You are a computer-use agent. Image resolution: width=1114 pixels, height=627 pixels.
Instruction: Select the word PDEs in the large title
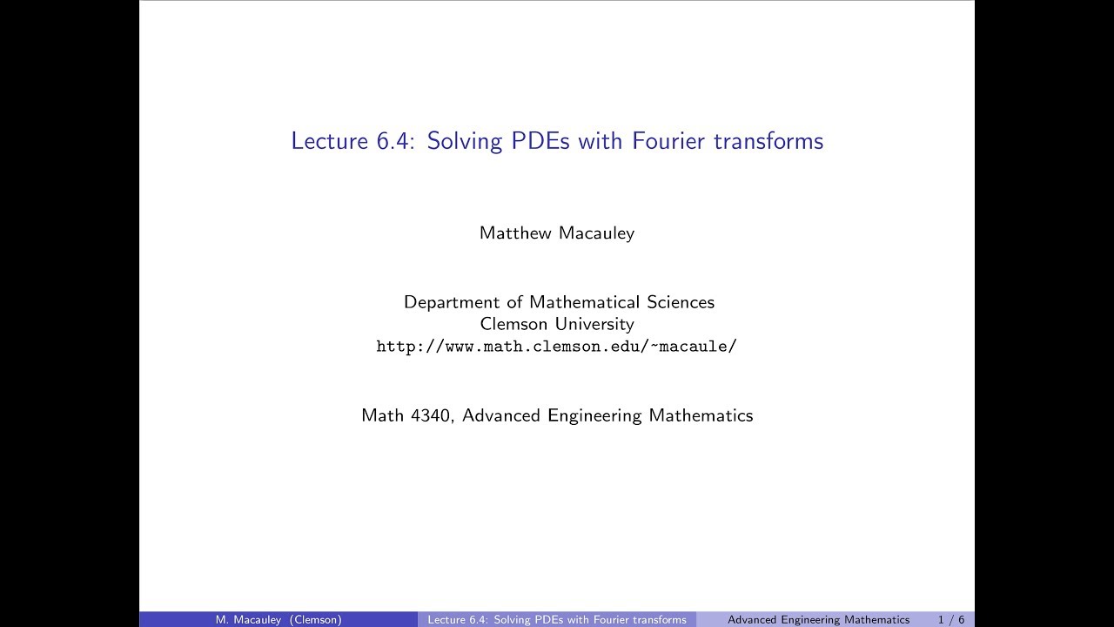[x=540, y=141]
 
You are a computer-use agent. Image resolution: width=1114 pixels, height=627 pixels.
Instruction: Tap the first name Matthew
[x=513, y=233]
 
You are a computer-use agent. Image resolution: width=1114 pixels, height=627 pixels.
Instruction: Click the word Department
[x=452, y=303]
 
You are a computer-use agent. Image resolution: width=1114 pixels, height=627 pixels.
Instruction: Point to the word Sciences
[x=681, y=302]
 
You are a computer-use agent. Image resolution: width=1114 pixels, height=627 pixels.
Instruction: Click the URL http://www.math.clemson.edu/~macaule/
[x=557, y=347]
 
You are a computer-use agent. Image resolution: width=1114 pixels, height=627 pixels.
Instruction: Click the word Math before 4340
[x=382, y=415]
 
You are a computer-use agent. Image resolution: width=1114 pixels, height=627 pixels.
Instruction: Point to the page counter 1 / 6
[x=951, y=620]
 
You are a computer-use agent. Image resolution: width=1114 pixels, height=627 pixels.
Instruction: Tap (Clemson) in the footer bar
[x=316, y=620]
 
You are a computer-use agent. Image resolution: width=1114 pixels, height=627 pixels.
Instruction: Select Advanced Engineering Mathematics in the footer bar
[x=818, y=620]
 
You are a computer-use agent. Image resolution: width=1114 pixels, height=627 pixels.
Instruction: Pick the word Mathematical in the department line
[x=586, y=302]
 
